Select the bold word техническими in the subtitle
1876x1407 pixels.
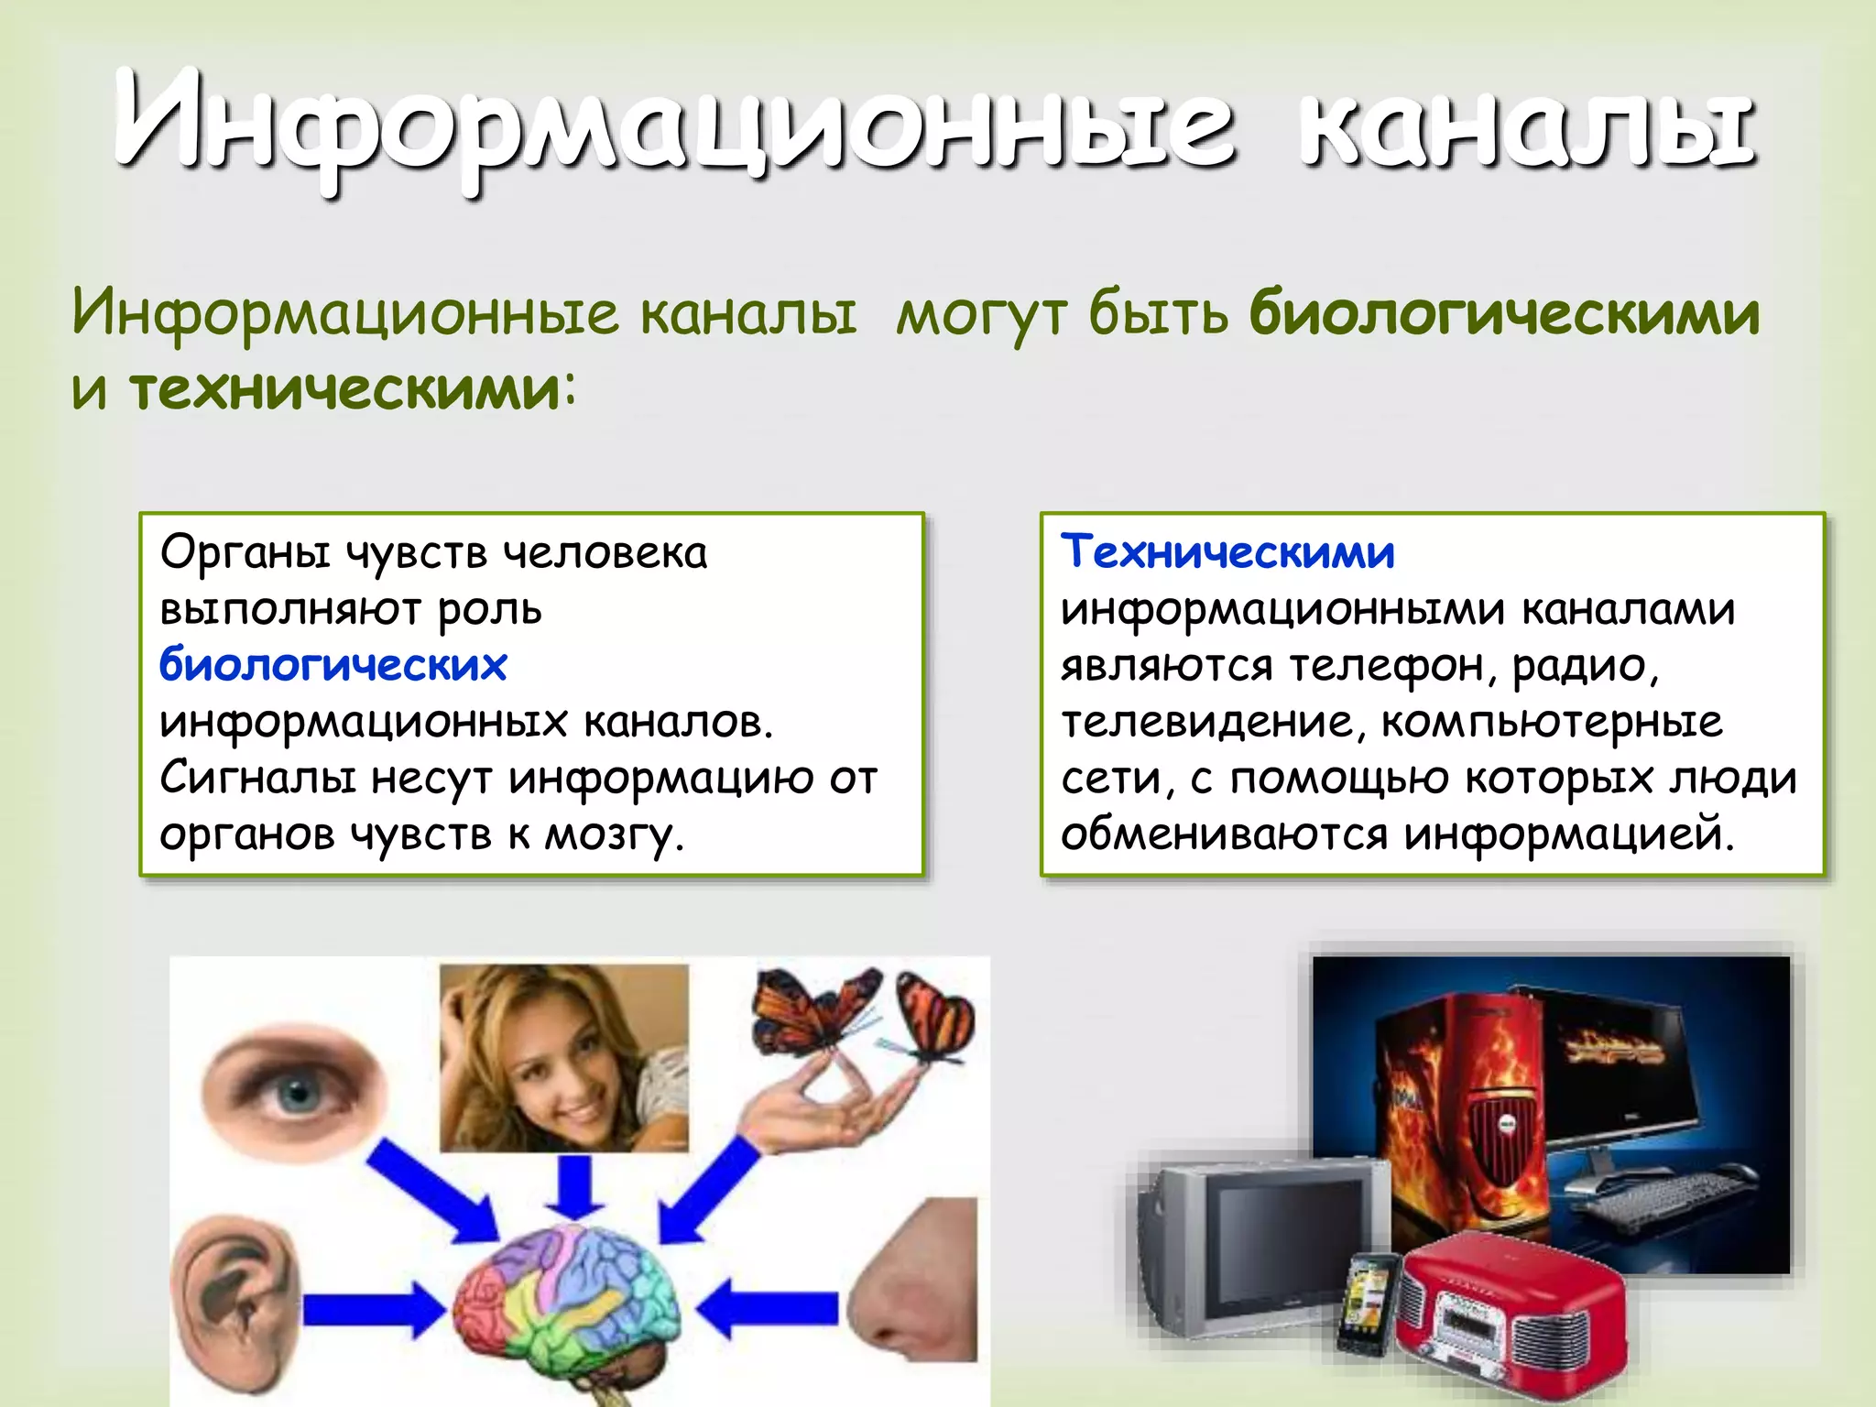[344, 389]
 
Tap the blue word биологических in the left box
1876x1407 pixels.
[333, 665]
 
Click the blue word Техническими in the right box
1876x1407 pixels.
[1227, 552]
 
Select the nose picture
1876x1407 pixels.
[916, 1282]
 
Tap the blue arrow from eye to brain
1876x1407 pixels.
[431, 1191]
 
